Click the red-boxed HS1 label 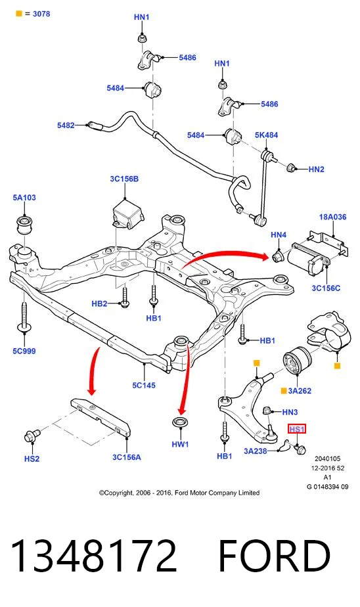pyautogui.click(x=297, y=429)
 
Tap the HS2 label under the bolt pyautogui.click(x=32, y=459)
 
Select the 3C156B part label pyautogui.click(x=124, y=179)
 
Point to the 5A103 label pyautogui.click(x=24, y=198)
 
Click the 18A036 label pyautogui.click(x=332, y=217)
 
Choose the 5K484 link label pyautogui.click(x=266, y=135)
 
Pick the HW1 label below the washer pyautogui.click(x=180, y=444)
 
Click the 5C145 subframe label pyautogui.click(x=144, y=385)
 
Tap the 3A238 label pyautogui.click(x=256, y=451)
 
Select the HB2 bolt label pyautogui.click(x=99, y=303)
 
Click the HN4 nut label pyautogui.click(x=279, y=235)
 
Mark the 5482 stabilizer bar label pyautogui.click(x=66, y=125)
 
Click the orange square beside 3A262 pyautogui.click(x=284, y=391)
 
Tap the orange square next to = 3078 pyautogui.click(x=19, y=14)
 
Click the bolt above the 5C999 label pyautogui.click(x=24, y=317)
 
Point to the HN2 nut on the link pyautogui.click(x=291, y=168)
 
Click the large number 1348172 pyautogui.click(x=94, y=556)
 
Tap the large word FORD pyautogui.click(x=275, y=556)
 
